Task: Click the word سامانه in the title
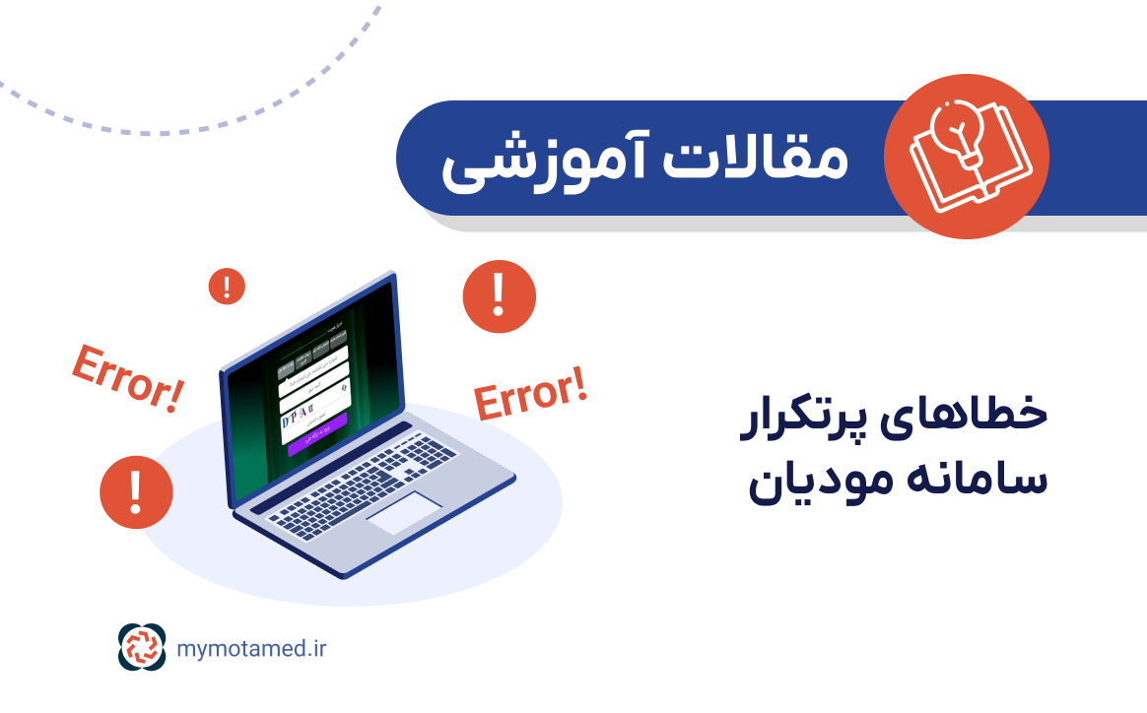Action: pos(972,479)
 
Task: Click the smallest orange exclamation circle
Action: pos(227,288)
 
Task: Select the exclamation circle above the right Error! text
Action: pos(499,294)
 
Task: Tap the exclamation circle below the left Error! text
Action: pos(136,491)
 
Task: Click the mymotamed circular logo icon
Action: pos(143,648)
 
